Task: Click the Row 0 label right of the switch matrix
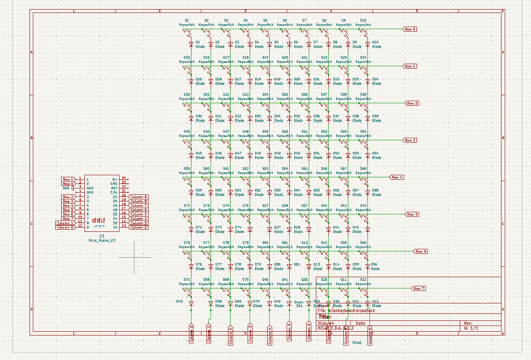tap(410, 29)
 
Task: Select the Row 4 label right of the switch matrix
tap(397, 177)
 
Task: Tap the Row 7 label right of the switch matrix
tap(418, 288)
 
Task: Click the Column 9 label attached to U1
tap(138, 196)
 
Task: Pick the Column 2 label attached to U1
tap(138, 227)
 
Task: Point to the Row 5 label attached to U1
tap(68, 210)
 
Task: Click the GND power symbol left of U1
tap(67, 188)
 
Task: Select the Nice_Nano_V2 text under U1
tap(102, 241)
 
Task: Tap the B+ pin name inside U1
tap(114, 179)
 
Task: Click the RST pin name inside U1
tap(114, 188)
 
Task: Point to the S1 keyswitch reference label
tap(186, 20)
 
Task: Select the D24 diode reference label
tap(375, 79)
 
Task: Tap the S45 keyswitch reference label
tap(186, 132)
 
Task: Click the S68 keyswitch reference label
tap(363, 169)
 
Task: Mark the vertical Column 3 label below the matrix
tap(250, 333)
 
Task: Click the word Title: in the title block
tap(325, 317)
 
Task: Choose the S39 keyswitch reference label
tap(363, 94)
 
